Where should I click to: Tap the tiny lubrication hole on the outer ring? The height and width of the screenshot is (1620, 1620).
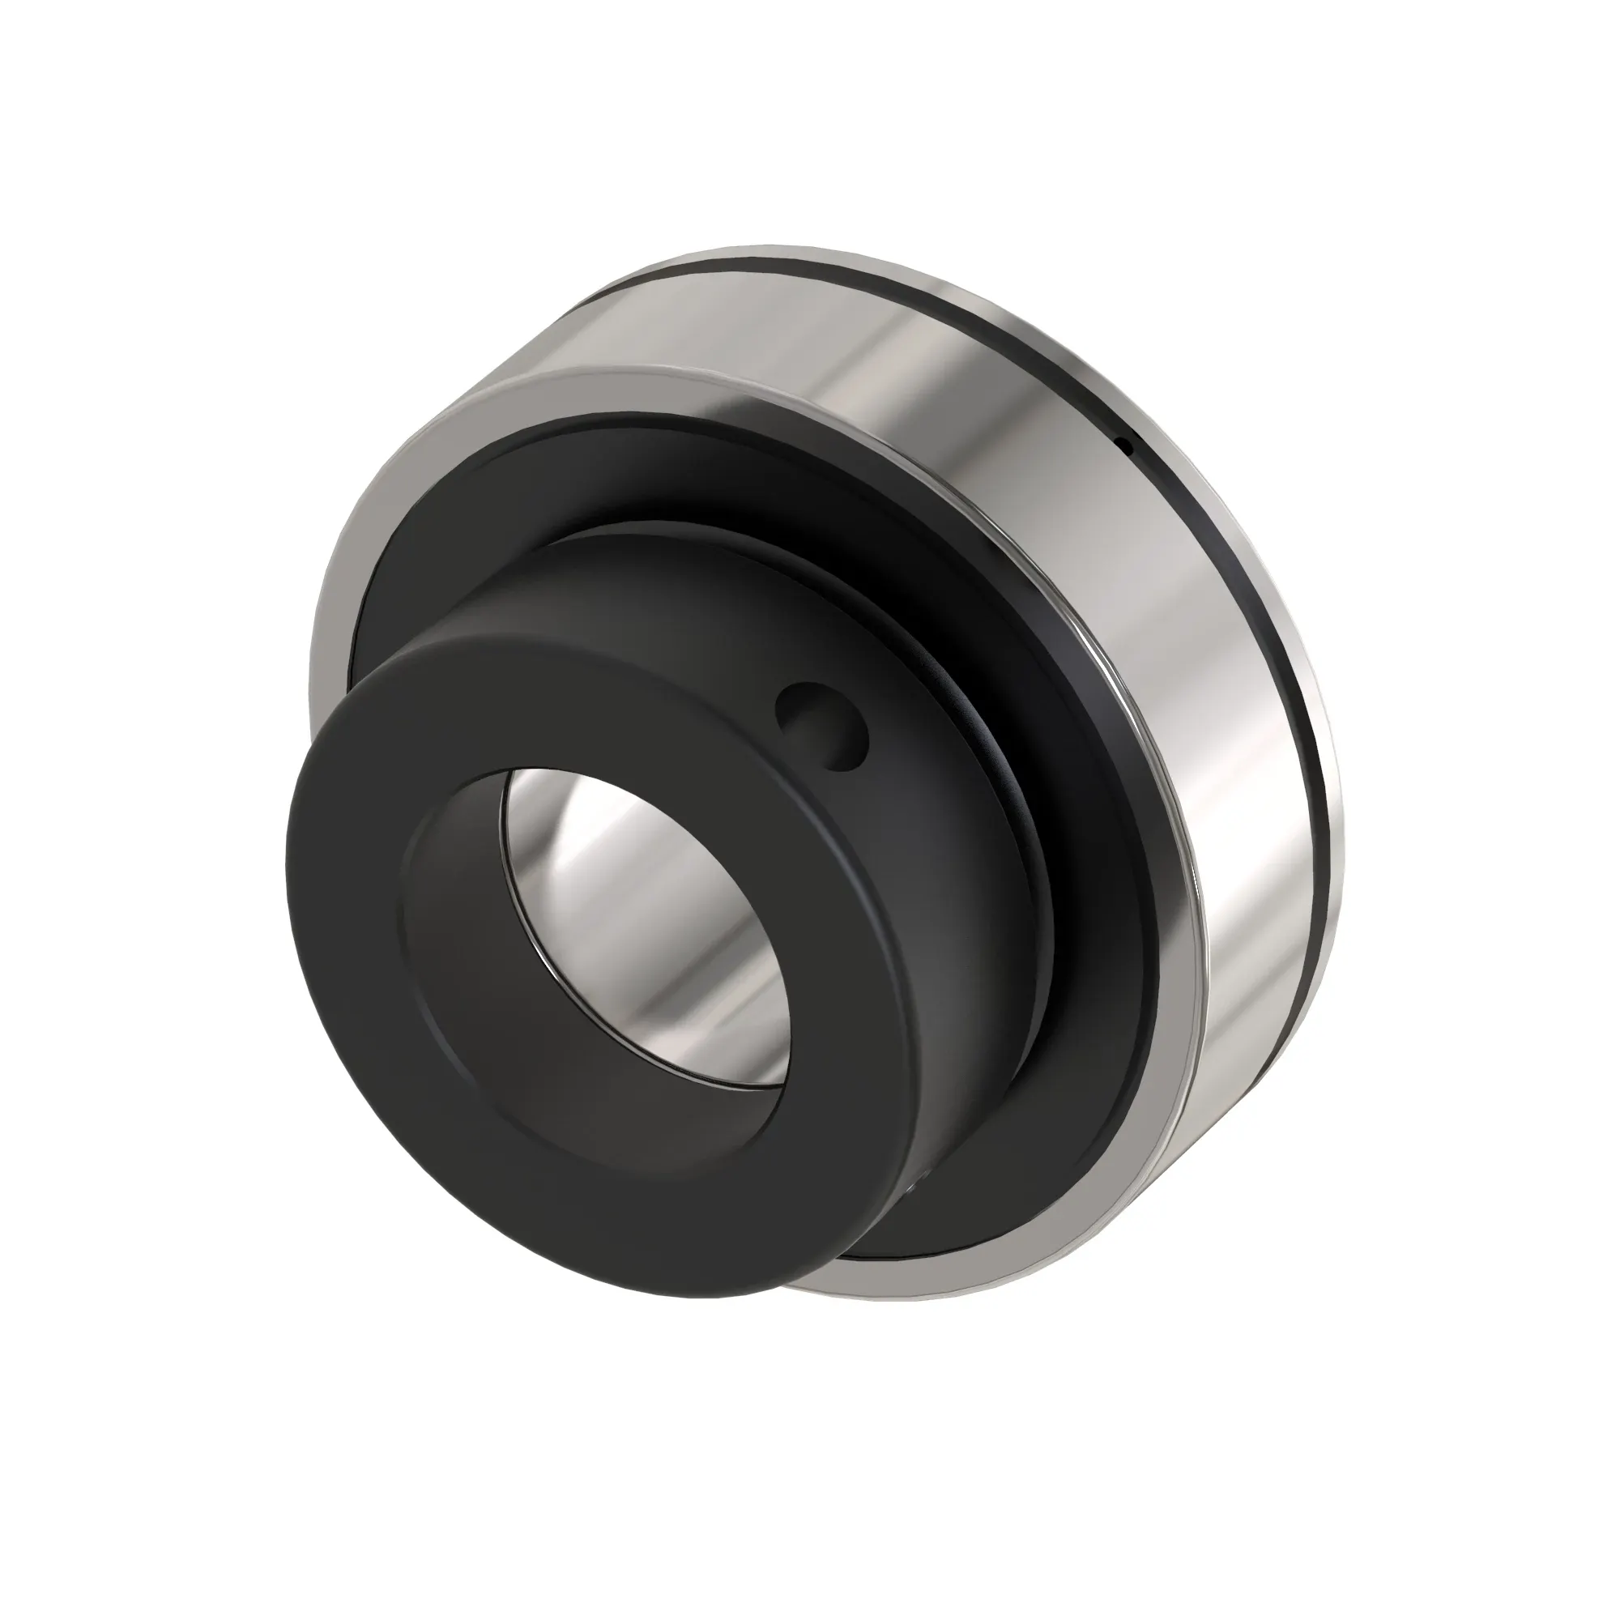pos(1127,446)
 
